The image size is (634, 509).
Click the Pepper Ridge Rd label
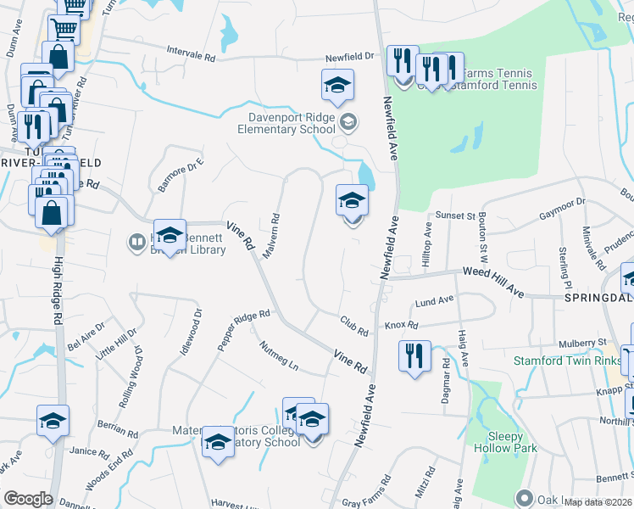pyautogui.click(x=243, y=328)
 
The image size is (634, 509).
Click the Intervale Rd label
pyautogui.click(x=191, y=53)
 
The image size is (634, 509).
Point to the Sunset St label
pyautogui.click(x=455, y=216)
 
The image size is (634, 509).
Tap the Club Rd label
pyautogui.click(x=354, y=325)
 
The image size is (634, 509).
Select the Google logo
pyautogui.click(x=28, y=499)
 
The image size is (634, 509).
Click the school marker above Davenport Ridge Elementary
pyautogui.click(x=337, y=85)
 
